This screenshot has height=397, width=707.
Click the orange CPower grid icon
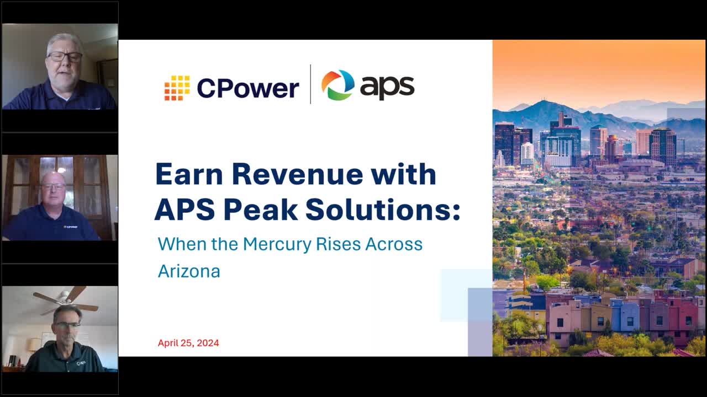click(177, 88)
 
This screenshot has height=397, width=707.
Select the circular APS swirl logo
click(337, 85)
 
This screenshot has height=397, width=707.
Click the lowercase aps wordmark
click(387, 88)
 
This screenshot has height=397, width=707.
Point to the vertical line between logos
click(310, 84)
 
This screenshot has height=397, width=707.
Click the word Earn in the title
click(189, 174)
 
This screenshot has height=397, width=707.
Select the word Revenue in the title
click(297, 174)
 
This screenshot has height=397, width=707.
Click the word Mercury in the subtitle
click(277, 244)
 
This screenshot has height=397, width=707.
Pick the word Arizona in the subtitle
click(189, 271)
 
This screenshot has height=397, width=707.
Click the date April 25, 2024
click(188, 343)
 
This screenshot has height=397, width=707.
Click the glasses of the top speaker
click(65, 57)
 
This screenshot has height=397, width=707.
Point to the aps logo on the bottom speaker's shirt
click(81, 363)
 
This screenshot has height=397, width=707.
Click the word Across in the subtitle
click(394, 244)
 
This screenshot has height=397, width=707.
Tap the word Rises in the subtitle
click(338, 244)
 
